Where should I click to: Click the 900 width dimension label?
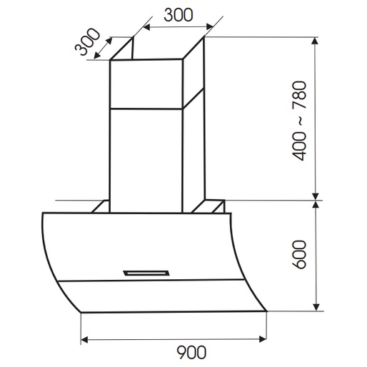tap(191, 352)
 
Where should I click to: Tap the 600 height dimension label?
tap(299, 255)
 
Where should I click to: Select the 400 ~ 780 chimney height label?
tap(299, 121)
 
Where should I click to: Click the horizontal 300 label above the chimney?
tap(179, 15)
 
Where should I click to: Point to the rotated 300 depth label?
tap(87, 41)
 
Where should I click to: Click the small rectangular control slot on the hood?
tap(146, 273)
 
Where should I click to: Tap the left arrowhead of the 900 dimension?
tap(84, 340)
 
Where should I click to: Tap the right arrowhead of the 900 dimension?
tap(263, 339)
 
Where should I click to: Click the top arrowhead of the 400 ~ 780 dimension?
tap(315, 41)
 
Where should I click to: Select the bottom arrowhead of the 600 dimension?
tap(316, 307)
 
